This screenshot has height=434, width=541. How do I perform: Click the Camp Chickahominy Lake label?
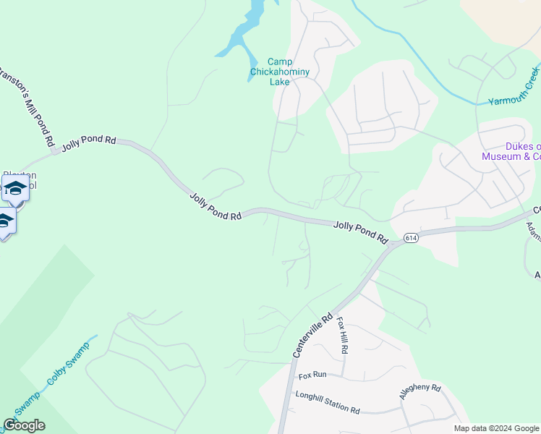[x=279, y=72]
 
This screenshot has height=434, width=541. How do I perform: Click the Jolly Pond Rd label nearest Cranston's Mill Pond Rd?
[x=88, y=142]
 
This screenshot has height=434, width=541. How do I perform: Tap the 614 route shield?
[x=411, y=238]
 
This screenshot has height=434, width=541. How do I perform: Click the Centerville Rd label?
[x=312, y=334]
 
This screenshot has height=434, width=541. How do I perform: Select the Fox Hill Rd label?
[x=342, y=338]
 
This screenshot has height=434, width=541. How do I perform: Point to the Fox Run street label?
[x=312, y=375]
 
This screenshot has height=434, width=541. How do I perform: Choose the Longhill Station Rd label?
[x=327, y=402]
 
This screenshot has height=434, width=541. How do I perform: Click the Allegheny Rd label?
[x=419, y=391]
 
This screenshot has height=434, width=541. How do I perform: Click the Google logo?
[x=24, y=425]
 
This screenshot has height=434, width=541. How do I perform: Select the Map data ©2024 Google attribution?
[x=496, y=428]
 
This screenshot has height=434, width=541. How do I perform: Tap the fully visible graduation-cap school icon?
[x=15, y=190]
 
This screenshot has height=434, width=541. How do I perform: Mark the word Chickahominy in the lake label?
[x=279, y=72]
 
